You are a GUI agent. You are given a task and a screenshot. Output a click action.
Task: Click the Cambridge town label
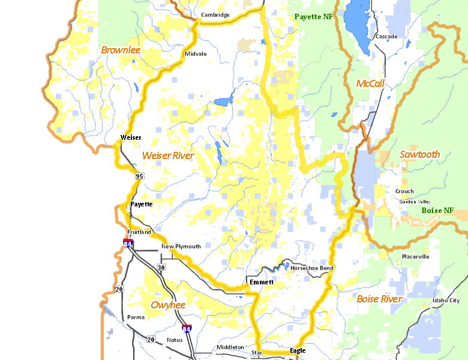click(215, 15)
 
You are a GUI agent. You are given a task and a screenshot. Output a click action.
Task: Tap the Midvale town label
click(196, 53)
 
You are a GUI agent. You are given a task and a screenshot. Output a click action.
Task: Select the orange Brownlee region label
click(121, 50)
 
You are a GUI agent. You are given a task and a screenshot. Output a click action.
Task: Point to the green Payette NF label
click(313, 17)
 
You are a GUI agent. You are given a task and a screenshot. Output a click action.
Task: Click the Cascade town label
click(386, 37)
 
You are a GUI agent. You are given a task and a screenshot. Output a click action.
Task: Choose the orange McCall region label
click(370, 83)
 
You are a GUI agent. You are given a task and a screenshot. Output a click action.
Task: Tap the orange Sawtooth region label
click(419, 154)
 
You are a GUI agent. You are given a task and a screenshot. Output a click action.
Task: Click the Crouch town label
click(404, 191)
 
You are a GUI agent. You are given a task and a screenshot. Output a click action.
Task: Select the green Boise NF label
click(437, 211)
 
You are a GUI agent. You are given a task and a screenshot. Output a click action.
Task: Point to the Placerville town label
click(415, 257)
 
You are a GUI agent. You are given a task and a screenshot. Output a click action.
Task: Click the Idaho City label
click(446, 301)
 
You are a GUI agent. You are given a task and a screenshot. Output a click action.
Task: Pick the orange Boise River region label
click(379, 298)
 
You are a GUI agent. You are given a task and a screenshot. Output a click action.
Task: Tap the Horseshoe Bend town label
click(312, 268)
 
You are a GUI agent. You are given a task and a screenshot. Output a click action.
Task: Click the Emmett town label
click(261, 282)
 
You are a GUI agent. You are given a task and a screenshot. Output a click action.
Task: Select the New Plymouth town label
click(176, 247)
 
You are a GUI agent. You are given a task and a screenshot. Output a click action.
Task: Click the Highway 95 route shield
click(140, 176)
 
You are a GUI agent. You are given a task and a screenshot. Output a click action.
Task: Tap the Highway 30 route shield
click(161, 267)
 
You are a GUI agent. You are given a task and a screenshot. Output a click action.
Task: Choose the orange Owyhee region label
click(168, 305)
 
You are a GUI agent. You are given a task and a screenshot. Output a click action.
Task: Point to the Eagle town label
click(298, 350)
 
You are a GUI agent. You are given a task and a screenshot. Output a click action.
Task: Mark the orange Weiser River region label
click(168, 155)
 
